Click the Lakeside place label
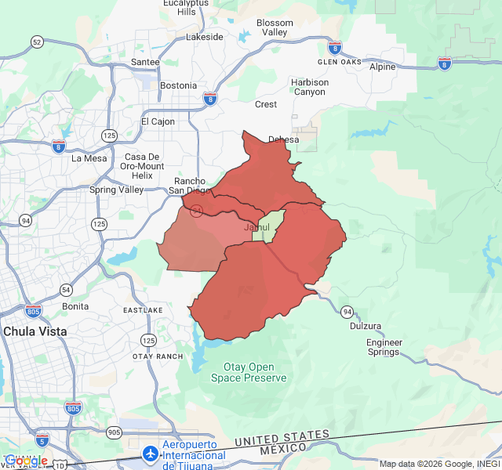coord(205,37)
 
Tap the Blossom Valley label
coord(275,27)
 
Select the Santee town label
coord(145,62)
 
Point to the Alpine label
coord(383,67)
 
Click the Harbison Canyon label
coord(309,87)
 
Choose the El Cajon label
coord(158,121)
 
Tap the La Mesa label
coord(89,157)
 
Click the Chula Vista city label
coord(35,331)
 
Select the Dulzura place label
coord(366,326)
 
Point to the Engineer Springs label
coord(384,347)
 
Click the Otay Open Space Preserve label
coord(249,372)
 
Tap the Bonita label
coord(75,306)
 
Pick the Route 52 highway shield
coord(37,42)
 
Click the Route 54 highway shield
coord(66,290)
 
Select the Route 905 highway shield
coord(115,432)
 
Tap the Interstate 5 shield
coord(42,439)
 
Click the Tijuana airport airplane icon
coord(150,454)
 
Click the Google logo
coord(26,461)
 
